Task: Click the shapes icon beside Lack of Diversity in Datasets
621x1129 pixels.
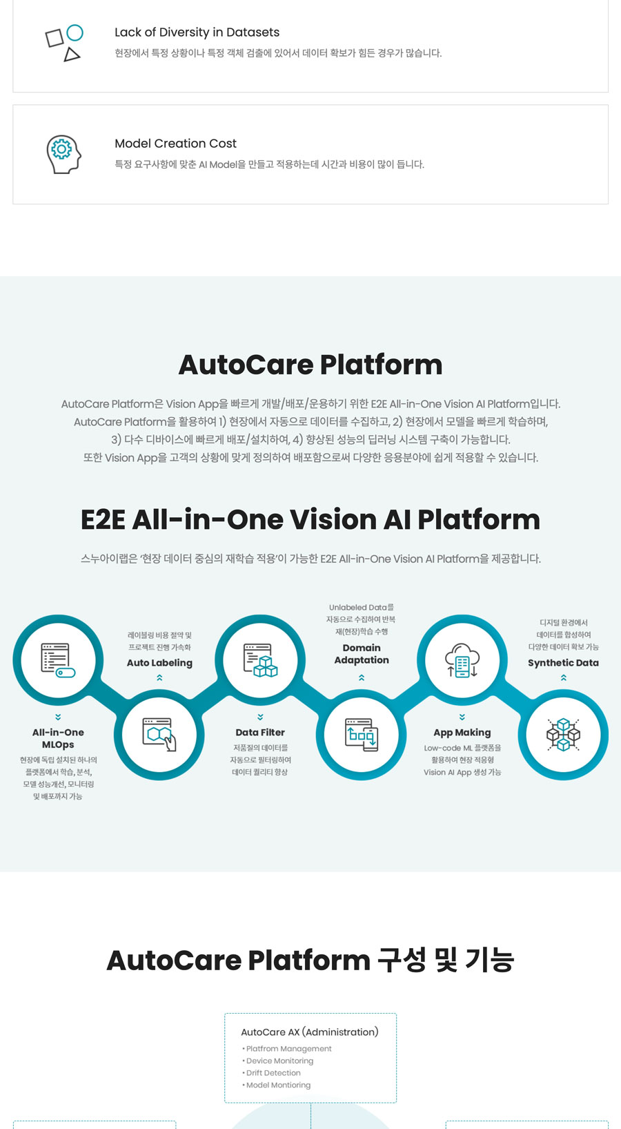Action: pyautogui.click(x=64, y=43)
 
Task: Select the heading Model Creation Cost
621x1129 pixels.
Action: pyautogui.click(x=175, y=144)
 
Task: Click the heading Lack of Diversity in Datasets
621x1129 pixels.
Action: pyautogui.click(x=197, y=32)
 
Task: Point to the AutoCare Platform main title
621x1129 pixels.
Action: pyautogui.click(x=310, y=365)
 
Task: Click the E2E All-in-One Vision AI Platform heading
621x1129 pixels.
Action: pyautogui.click(x=310, y=519)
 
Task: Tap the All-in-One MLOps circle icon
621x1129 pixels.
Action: pyautogui.click(x=58, y=659)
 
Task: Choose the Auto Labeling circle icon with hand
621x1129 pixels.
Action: pyautogui.click(x=159, y=734)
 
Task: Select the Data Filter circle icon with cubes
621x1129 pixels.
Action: pyautogui.click(x=260, y=659)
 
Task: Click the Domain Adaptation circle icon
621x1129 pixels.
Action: pyautogui.click(x=362, y=734)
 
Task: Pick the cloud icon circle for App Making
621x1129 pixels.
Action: pyautogui.click(x=462, y=659)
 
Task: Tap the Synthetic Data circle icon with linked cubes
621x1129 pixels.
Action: pyautogui.click(x=564, y=734)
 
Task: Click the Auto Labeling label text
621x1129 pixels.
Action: pyautogui.click(x=159, y=663)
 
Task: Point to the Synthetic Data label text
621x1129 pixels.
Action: pyautogui.click(x=563, y=663)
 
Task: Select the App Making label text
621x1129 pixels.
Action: pyautogui.click(x=462, y=733)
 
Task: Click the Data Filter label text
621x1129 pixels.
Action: pyautogui.click(x=260, y=733)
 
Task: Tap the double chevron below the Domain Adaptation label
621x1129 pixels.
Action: pyautogui.click(x=362, y=678)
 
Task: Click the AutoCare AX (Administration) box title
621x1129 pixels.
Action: pyautogui.click(x=310, y=1032)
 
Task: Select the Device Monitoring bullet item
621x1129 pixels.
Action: pyautogui.click(x=278, y=1061)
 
